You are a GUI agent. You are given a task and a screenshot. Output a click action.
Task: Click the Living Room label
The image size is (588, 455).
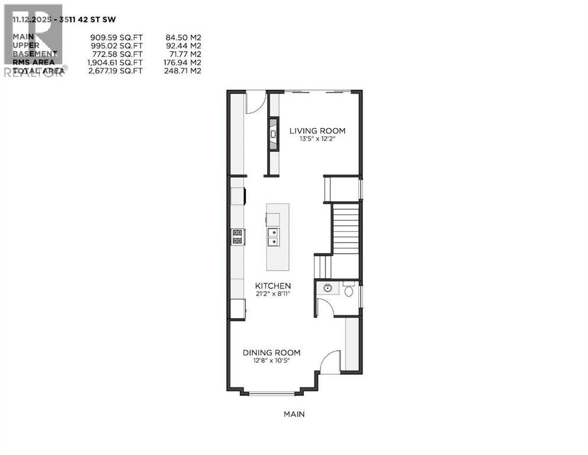[317, 131]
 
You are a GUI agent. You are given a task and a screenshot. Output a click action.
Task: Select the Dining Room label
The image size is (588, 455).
[271, 353]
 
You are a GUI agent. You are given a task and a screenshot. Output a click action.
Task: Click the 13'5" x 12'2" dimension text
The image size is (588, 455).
[317, 140]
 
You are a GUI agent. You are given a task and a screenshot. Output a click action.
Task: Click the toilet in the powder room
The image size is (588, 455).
[349, 290]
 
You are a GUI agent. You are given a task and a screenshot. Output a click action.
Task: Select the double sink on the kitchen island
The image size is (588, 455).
[274, 237]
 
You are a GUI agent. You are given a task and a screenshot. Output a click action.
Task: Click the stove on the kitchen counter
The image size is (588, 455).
[237, 237]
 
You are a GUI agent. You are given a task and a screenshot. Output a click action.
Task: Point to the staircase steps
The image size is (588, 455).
[346, 228]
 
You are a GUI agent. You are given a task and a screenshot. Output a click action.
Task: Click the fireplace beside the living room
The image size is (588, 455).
[273, 134]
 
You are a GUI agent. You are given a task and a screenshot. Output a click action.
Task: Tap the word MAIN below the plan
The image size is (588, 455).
[294, 414]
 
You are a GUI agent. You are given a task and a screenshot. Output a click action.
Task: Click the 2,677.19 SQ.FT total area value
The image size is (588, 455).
[113, 71]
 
